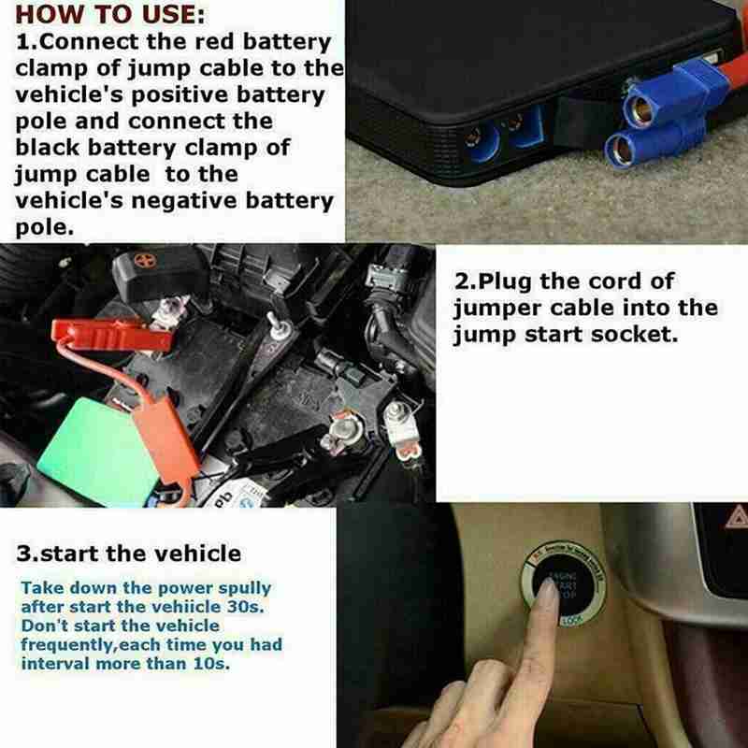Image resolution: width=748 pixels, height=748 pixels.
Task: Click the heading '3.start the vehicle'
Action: coord(128,553)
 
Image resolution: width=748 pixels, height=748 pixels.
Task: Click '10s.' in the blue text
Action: coord(211,665)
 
